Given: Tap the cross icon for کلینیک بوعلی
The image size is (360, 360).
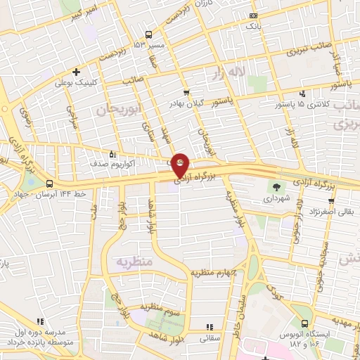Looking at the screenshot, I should tap(76, 71).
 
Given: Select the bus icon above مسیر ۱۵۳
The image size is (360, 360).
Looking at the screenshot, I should tap(148, 34).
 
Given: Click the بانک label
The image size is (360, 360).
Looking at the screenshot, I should tap(252, 25).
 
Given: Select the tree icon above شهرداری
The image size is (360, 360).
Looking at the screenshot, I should tap(276, 186).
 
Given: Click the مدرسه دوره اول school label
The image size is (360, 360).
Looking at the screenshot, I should tap(40, 331).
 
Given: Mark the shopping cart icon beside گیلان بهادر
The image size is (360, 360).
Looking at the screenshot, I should tap(186, 94).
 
